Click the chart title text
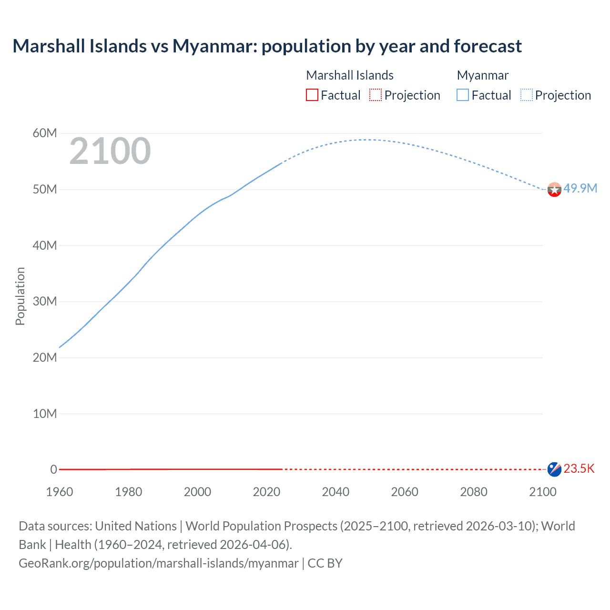tap(267, 46)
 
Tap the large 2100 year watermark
tap(110, 151)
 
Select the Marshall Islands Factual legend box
tap(312, 95)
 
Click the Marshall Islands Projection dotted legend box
tap(376, 95)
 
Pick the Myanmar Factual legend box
tap(463, 95)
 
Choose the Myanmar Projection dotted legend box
tap(527, 95)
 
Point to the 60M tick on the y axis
tap(45, 133)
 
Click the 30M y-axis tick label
tap(45, 301)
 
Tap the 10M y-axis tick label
tap(45, 414)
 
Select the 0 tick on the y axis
tap(53, 469)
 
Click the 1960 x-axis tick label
tap(60, 492)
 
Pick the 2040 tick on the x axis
tap(335, 492)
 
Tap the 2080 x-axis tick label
tap(474, 492)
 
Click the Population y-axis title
tap(20, 296)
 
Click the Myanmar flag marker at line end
tap(554, 190)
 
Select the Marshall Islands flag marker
tap(554, 469)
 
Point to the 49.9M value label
tap(580, 188)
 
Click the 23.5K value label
tap(579, 468)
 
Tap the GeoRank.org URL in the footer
tap(159, 563)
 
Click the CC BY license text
tap(325, 563)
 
